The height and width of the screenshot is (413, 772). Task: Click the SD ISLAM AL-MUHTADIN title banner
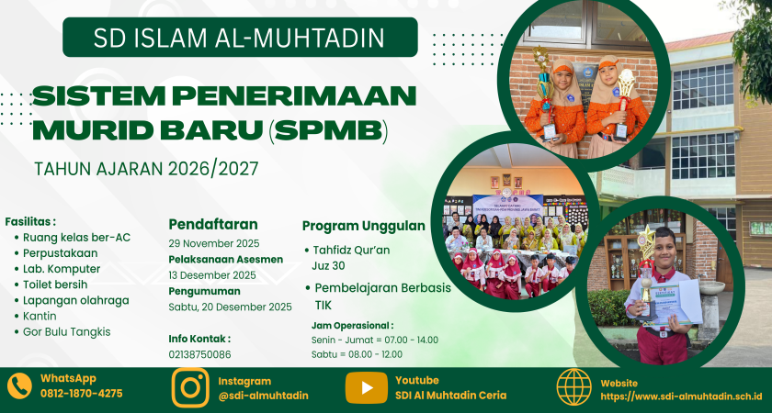click(240, 38)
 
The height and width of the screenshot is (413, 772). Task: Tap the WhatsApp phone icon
click(19, 386)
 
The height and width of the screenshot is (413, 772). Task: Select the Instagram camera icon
click(190, 387)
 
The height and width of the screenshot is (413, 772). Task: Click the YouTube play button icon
click(367, 388)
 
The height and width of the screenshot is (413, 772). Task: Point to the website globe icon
click(574, 387)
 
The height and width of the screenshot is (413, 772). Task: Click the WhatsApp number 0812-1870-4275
click(82, 394)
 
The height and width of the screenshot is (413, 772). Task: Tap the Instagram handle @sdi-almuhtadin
click(264, 396)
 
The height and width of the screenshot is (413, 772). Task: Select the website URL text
click(681, 396)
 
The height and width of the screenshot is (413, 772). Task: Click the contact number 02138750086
click(200, 354)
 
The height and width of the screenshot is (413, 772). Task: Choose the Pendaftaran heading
click(213, 224)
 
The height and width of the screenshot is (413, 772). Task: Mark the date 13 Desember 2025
click(212, 274)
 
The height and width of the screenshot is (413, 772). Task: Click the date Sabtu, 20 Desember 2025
click(231, 307)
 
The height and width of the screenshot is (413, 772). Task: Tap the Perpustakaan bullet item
click(60, 253)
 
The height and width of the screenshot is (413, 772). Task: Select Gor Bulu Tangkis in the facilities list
click(66, 332)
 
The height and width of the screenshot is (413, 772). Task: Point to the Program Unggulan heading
click(364, 226)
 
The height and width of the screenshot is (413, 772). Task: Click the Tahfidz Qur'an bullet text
click(351, 251)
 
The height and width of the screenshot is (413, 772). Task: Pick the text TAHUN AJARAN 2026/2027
click(146, 169)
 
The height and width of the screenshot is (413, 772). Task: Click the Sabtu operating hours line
click(357, 354)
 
